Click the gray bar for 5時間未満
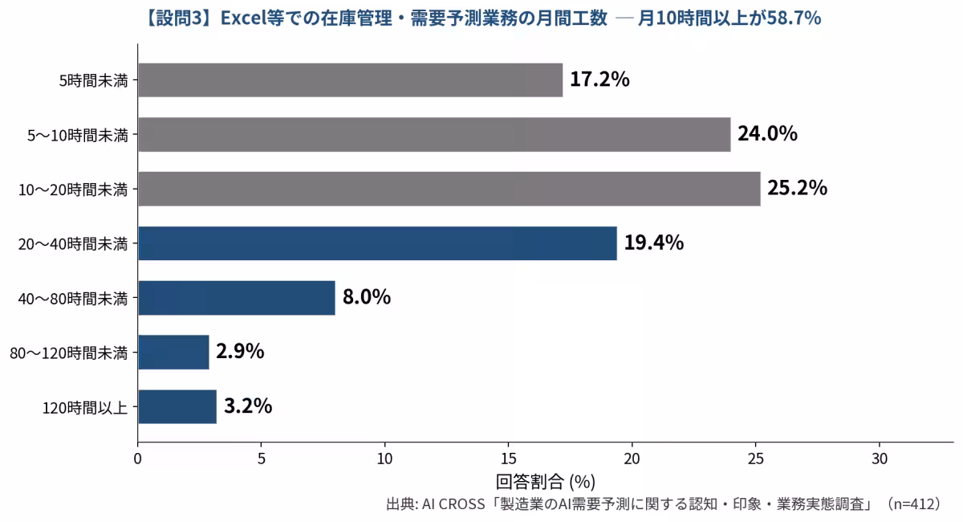(x=351, y=80)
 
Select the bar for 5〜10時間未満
(x=435, y=134)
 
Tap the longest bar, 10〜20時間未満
(x=449, y=189)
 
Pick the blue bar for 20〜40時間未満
(x=377, y=243)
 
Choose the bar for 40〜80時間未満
(x=237, y=298)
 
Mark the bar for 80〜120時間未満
(x=173, y=352)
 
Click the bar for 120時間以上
(x=177, y=406)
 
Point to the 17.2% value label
(x=599, y=80)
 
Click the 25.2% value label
(x=798, y=188)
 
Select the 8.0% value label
(x=367, y=297)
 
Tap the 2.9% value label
(x=240, y=351)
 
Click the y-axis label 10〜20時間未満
(x=73, y=190)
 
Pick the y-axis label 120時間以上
(x=85, y=407)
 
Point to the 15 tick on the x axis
(x=509, y=459)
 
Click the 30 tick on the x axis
(x=880, y=459)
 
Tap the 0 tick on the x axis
(x=137, y=459)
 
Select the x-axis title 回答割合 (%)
(x=546, y=482)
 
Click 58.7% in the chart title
(x=794, y=18)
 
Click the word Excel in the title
(x=243, y=18)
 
